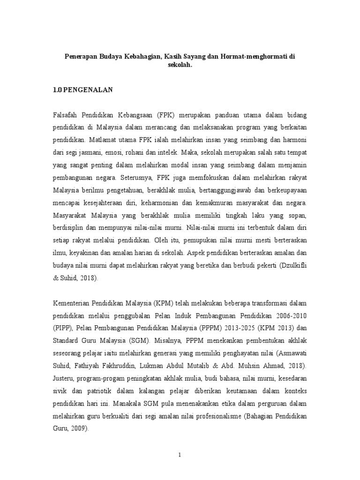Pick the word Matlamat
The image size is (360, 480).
[x=102, y=139]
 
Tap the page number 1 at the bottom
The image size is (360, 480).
[x=180, y=455]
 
